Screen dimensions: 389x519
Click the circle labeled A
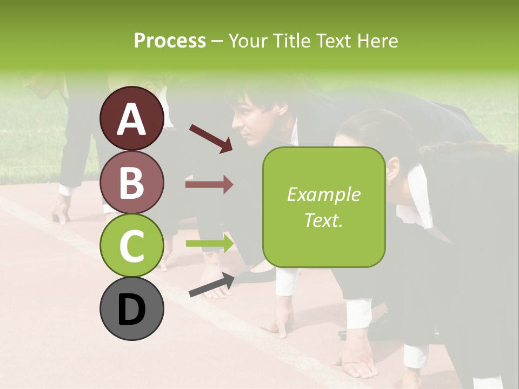[131, 118]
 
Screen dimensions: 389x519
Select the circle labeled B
[131, 182]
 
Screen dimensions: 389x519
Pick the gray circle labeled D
[131, 309]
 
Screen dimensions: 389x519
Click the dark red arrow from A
[210, 138]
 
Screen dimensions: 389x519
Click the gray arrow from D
[211, 285]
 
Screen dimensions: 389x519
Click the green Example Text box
[324, 207]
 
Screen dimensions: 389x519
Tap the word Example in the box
[324, 194]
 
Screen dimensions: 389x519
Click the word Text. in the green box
[324, 220]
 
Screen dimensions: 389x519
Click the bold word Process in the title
[170, 41]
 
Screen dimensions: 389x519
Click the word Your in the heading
[247, 41]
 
